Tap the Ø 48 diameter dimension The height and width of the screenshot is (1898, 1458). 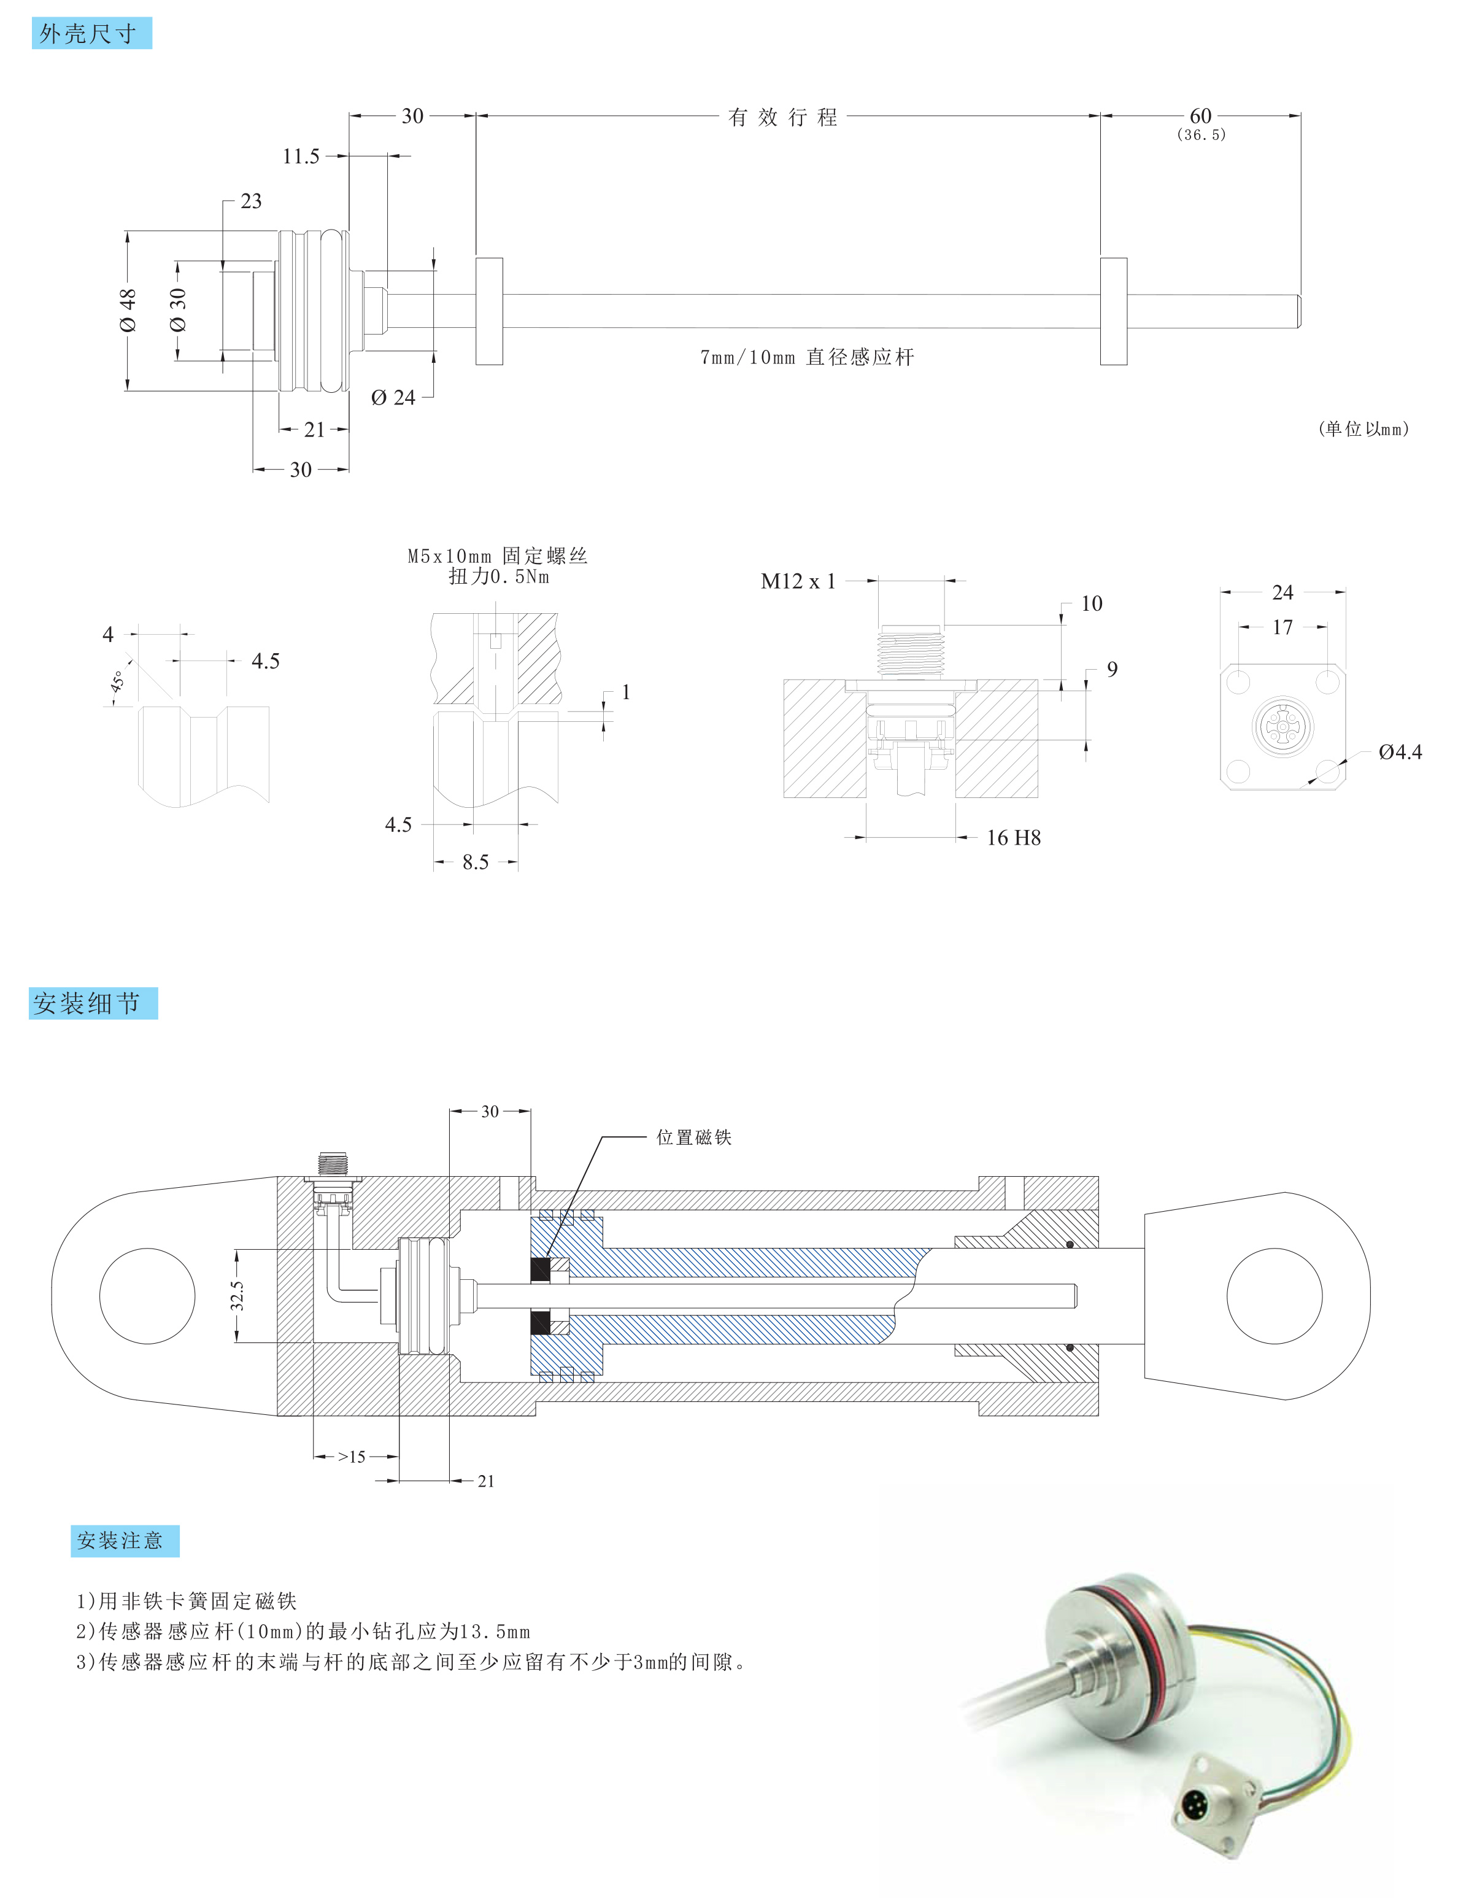(128, 310)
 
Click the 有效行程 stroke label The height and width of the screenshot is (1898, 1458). (782, 117)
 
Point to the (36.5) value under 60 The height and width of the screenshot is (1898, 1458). (1201, 134)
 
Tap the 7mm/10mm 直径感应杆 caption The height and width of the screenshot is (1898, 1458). (806, 357)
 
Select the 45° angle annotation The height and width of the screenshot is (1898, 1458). (117, 681)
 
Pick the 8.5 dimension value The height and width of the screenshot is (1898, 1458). (475, 862)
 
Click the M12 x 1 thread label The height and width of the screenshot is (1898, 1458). (798, 582)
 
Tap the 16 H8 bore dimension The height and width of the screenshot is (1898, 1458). (1012, 838)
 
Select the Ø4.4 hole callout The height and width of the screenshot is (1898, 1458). (1399, 752)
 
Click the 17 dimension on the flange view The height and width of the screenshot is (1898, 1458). (1282, 627)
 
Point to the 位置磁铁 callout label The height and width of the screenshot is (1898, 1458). (693, 1137)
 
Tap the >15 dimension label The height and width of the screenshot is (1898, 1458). (352, 1457)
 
